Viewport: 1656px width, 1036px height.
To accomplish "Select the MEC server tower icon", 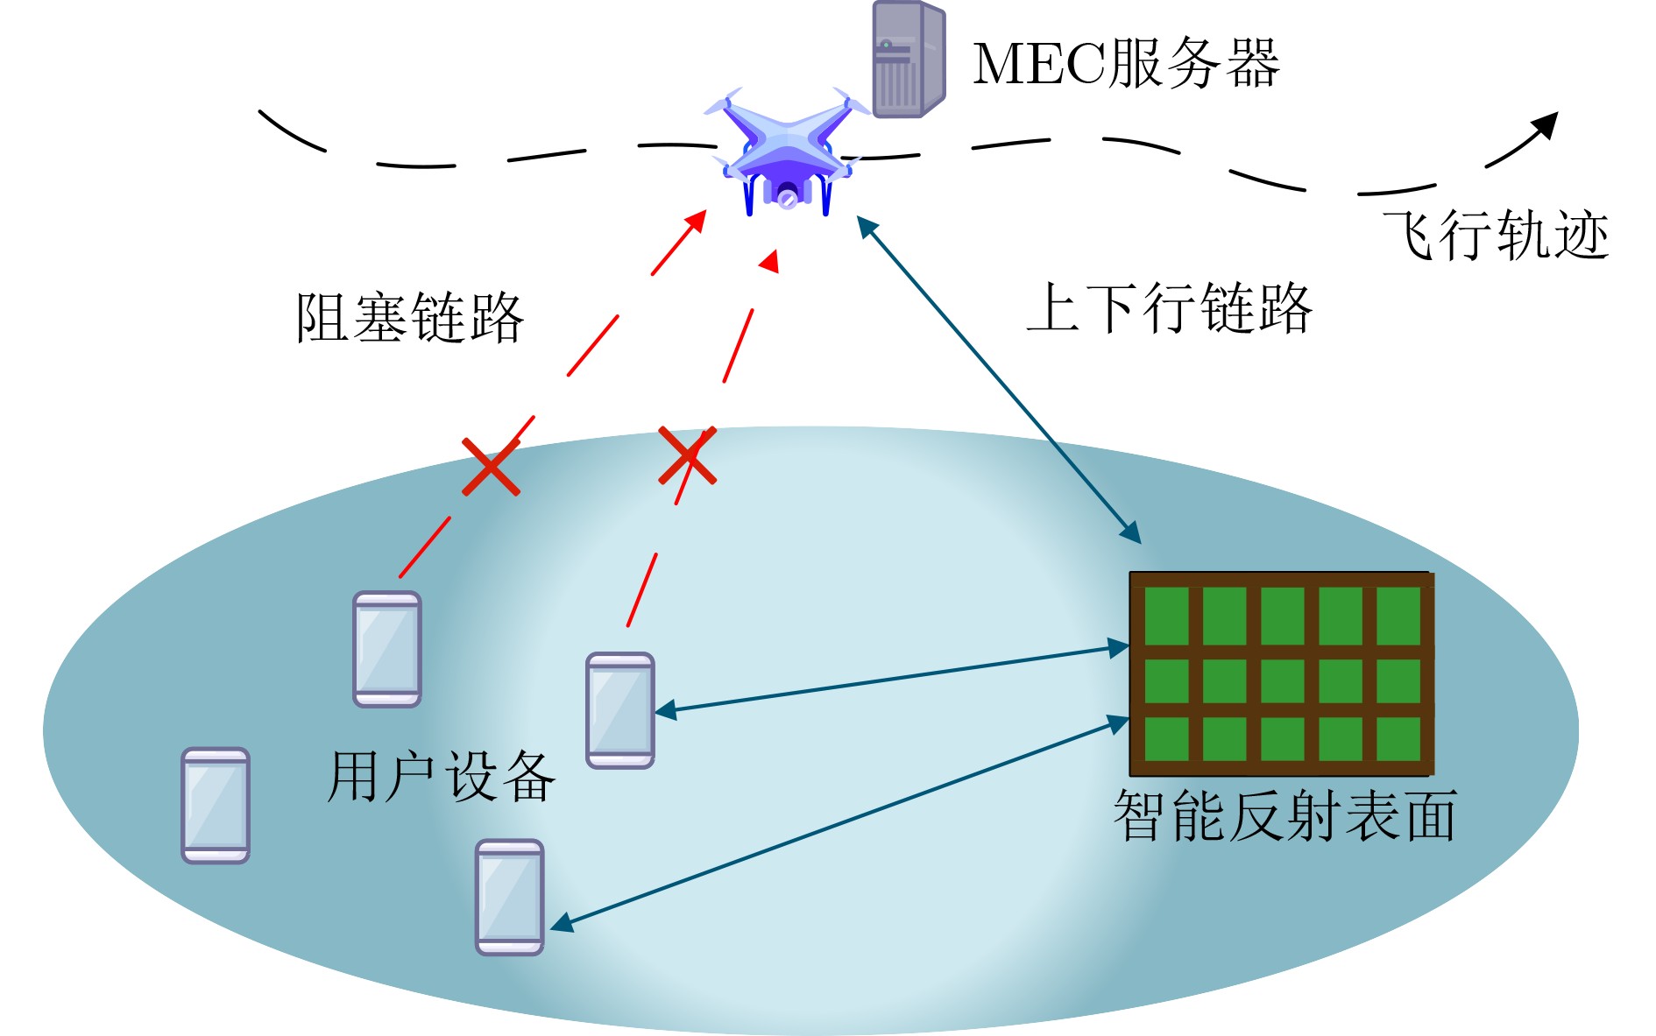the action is click(909, 59).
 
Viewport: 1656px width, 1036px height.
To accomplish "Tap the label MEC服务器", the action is click(1126, 63).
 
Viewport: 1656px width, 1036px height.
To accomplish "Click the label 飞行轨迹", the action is click(1496, 235).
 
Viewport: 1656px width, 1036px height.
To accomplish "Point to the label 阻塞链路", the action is click(410, 317).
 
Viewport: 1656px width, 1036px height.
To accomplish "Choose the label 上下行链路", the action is click(1170, 308).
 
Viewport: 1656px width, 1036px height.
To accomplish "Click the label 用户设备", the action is click(441, 776).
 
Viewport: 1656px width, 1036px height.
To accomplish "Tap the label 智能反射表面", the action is click(1284, 815).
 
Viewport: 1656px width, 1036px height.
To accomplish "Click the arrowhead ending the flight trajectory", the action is click(1545, 126).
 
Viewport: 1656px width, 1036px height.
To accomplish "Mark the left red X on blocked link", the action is click(491, 466).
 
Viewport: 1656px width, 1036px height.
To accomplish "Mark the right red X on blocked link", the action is click(688, 455).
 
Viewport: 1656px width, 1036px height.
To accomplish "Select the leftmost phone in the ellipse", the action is click(216, 805).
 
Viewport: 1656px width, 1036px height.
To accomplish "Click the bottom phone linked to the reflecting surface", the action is click(510, 897).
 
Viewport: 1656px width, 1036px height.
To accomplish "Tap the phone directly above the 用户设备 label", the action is click(387, 649).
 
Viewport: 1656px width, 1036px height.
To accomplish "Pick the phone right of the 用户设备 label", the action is click(620, 710).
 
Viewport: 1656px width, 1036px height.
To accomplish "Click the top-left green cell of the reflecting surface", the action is click(1166, 616).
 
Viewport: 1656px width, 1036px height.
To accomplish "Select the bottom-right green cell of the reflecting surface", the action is click(1398, 738).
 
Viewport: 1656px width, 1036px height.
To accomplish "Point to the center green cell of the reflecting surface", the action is click(1283, 680).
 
